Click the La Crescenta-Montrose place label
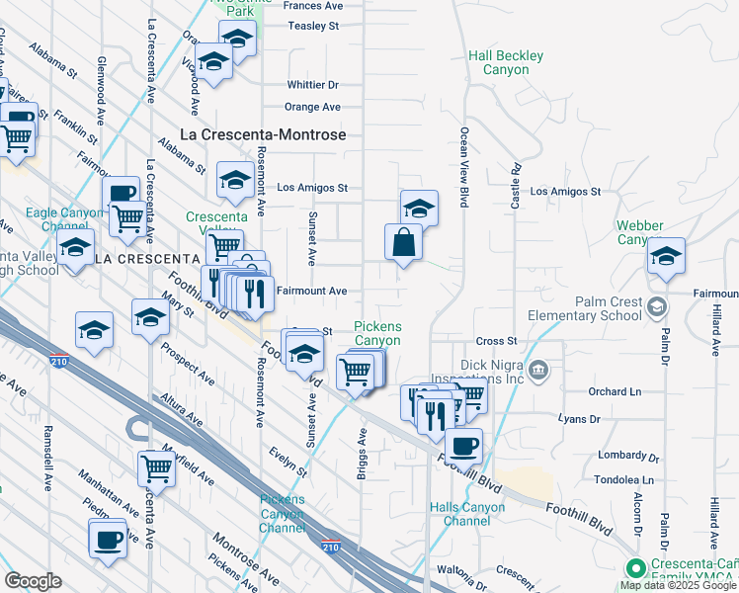click(x=263, y=133)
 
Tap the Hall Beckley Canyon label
click(x=506, y=63)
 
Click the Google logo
click(x=33, y=581)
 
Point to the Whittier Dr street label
click(x=312, y=85)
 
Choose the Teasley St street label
click(x=313, y=26)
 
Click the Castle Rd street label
click(x=516, y=186)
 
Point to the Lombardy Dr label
click(x=628, y=456)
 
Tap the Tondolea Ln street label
click(x=627, y=481)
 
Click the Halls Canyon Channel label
click(x=467, y=514)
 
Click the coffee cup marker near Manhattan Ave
click(x=108, y=540)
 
